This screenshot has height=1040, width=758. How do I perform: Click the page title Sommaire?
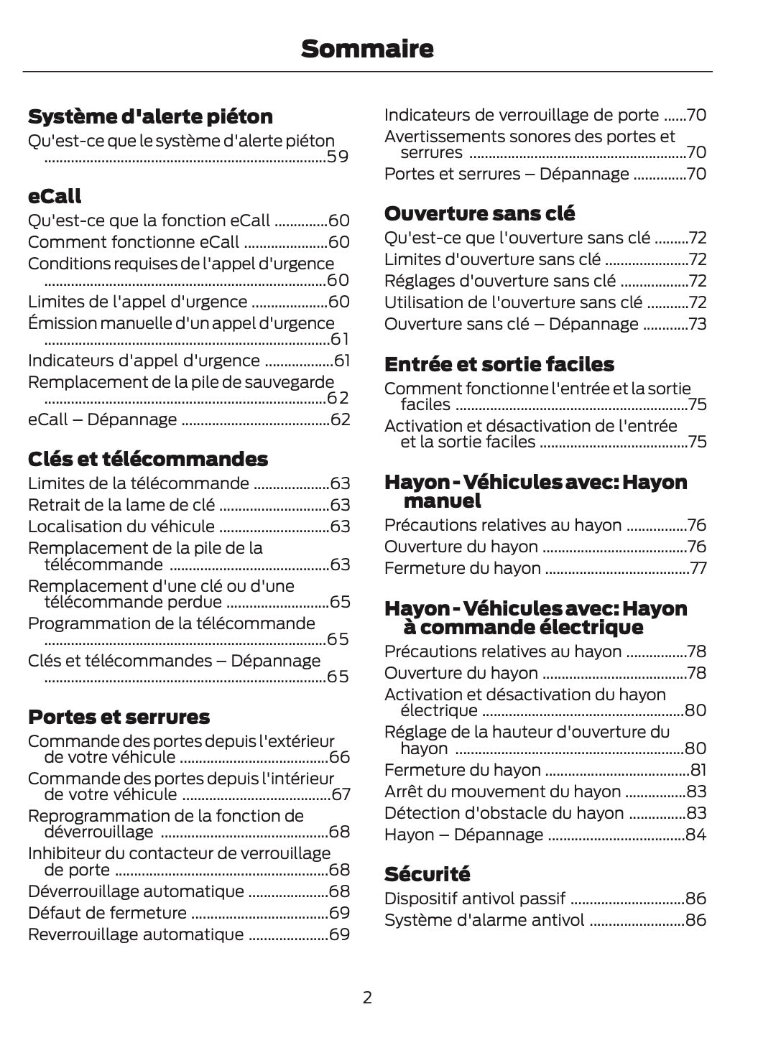pyautogui.click(x=367, y=49)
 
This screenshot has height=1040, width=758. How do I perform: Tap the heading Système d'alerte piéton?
pyautogui.click(x=150, y=116)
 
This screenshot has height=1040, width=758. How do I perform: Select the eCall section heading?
pyautogui.click(x=55, y=196)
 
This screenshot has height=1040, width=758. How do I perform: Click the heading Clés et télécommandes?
pyautogui.click(x=147, y=459)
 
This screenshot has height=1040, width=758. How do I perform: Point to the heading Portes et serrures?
pyautogui.click(x=119, y=717)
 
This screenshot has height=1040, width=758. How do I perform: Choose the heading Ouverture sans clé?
pyautogui.click(x=479, y=213)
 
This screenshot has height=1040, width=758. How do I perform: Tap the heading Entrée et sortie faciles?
pyautogui.click(x=499, y=364)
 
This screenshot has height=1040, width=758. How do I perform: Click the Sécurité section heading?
pyautogui.click(x=427, y=874)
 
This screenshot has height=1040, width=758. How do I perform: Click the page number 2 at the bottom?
pyautogui.click(x=367, y=997)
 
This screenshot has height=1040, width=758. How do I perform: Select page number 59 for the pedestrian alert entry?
pyautogui.click(x=338, y=157)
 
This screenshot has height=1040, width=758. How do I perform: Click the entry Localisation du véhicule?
pyautogui.click(x=121, y=526)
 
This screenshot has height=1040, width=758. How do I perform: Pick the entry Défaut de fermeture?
pyautogui.click(x=107, y=913)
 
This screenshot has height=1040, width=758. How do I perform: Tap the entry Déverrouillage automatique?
pyautogui.click(x=136, y=891)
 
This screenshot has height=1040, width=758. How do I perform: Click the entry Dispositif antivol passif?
pyautogui.click(x=474, y=899)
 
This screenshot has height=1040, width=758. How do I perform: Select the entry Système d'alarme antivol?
pyautogui.click(x=484, y=920)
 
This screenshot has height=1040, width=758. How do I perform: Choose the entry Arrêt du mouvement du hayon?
pyautogui.click(x=502, y=791)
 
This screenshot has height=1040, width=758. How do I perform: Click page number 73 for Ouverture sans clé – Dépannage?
pyautogui.click(x=697, y=324)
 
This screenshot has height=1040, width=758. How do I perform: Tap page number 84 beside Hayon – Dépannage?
pyautogui.click(x=695, y=835)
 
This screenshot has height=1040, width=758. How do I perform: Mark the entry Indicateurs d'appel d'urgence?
pyautogui.click(x=144, y=361)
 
